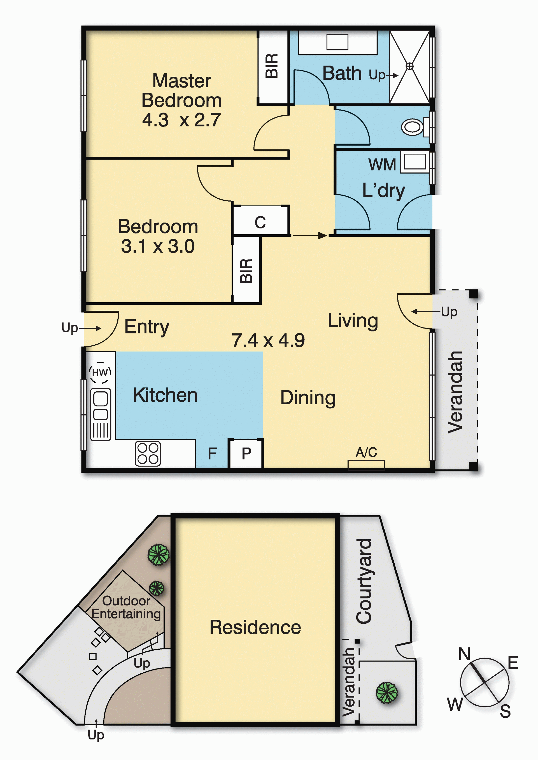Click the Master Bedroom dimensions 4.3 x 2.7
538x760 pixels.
[x=181, y=120]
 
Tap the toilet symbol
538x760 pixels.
[x=412, y=127]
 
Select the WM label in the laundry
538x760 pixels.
[x=382, y=165]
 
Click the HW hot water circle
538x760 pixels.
[x=100, y=372]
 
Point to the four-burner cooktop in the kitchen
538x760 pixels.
[x=148, y=453]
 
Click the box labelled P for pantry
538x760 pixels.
[x=246, y=453]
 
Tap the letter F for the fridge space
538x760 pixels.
[x=212, y=453]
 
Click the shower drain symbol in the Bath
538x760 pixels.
[x=410, y=66]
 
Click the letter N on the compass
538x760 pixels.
[x=464, y=654]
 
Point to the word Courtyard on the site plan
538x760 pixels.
[x=364, y=581]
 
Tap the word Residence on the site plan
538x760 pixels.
[x=255, y=627]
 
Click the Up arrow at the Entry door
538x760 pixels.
[x=89, y=328]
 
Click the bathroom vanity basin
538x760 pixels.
[x=337, y=42]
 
